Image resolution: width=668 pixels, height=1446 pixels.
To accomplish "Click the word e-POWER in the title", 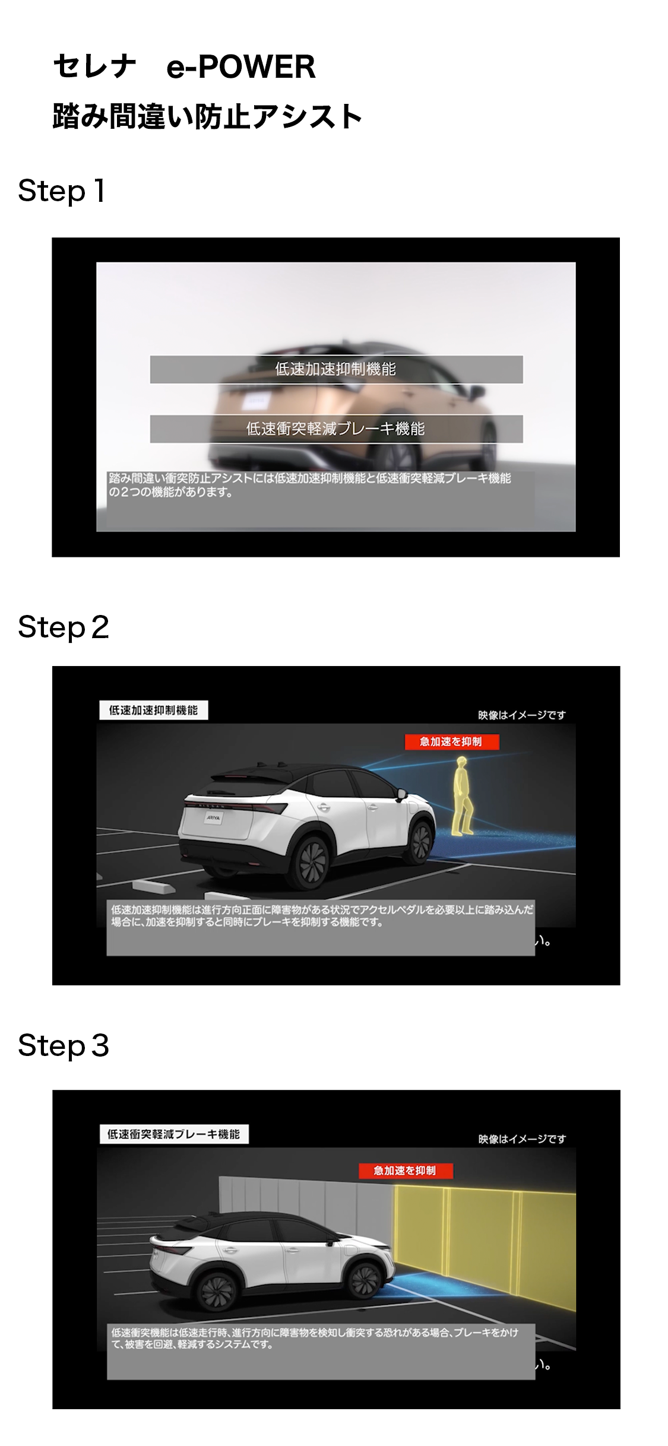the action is (240, 66).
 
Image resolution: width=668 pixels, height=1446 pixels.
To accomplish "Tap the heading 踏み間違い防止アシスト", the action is (207, 116).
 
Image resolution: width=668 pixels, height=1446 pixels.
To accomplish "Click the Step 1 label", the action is (62, 191).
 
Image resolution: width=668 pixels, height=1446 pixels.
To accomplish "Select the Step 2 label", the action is (64, 627).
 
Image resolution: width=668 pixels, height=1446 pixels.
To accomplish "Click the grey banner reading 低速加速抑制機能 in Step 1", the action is (336, 369).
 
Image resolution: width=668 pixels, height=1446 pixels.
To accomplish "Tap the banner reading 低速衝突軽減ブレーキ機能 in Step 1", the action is (336, 429).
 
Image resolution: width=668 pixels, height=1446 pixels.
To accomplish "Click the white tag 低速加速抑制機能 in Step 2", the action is (153, 711).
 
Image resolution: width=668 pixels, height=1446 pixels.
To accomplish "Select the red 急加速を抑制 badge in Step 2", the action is (451, 742).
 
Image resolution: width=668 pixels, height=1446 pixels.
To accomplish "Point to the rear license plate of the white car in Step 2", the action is (213, 817).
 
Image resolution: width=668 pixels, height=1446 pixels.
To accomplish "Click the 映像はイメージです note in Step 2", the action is (522, 715).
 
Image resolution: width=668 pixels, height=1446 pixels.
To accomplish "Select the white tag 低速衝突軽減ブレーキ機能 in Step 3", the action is (173, 1134).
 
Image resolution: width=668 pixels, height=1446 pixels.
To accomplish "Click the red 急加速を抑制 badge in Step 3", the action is (406, 1171).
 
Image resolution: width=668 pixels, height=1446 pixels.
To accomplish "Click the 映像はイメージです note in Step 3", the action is (522, 1139).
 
